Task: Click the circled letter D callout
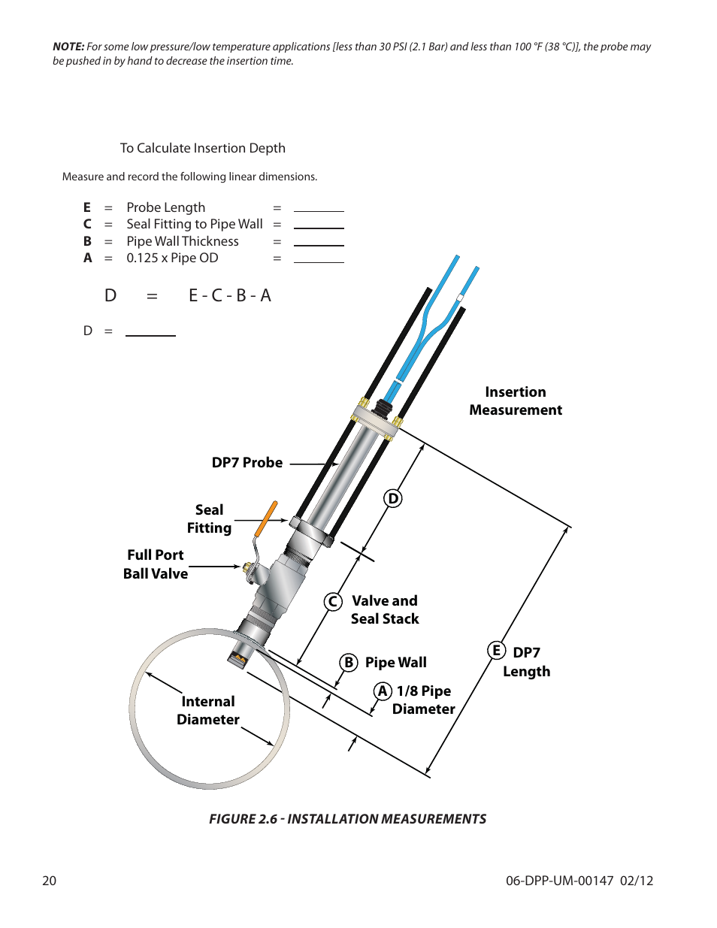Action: (392, 498)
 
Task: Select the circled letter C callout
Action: (333, 602)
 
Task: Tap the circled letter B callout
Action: (348, 662)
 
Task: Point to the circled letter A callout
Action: (383, 691)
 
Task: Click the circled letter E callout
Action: (496, 650)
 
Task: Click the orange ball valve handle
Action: (266, 518)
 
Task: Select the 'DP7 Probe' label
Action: (247, 463)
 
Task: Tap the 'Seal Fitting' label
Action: (209, 519)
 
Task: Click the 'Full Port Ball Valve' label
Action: (156, 564)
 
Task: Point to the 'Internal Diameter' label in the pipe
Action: (207, 710)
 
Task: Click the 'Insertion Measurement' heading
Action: (516, 401)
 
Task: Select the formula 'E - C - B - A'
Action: (229, 295)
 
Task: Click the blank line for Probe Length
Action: (319, 210)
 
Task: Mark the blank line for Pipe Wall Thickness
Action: (319, 244)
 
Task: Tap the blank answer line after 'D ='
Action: (150, 334)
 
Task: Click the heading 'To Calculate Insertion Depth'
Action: (203, 148)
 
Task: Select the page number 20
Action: (49, 881)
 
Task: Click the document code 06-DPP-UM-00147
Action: (559, 881)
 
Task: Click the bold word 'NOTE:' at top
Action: (68, 47)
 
